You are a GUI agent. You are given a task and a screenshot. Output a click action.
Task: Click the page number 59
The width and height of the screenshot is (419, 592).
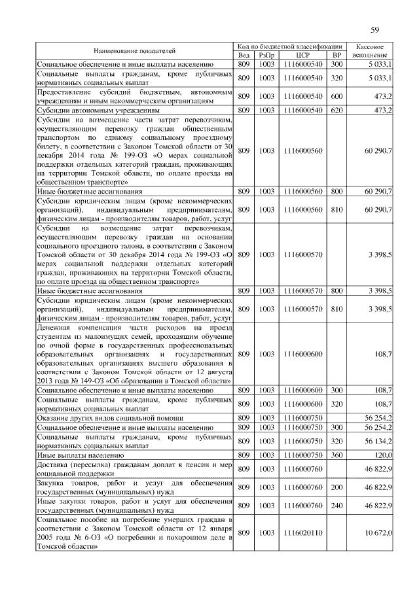click(x=374, y=29)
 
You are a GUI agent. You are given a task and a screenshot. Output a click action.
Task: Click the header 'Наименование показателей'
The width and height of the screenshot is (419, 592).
click(x=134, y=51)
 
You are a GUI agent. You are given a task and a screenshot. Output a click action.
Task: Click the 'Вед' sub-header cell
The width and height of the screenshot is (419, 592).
click(x=244, y=56)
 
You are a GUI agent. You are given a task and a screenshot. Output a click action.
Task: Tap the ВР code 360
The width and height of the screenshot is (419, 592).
click(x=337, y=455)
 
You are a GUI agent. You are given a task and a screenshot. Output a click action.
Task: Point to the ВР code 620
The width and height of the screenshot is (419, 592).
click(x=337, y=111)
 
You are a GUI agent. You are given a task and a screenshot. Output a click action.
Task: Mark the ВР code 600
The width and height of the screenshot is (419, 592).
click(x=337, y=96)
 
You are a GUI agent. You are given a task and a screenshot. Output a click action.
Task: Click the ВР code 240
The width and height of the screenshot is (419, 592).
click(x=337, y=506)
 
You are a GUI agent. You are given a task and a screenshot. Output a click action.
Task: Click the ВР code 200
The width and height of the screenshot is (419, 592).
click(x=337, y=487)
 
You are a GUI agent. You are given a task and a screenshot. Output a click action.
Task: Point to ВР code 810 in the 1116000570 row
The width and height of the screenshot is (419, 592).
click(x=337, y=308)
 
